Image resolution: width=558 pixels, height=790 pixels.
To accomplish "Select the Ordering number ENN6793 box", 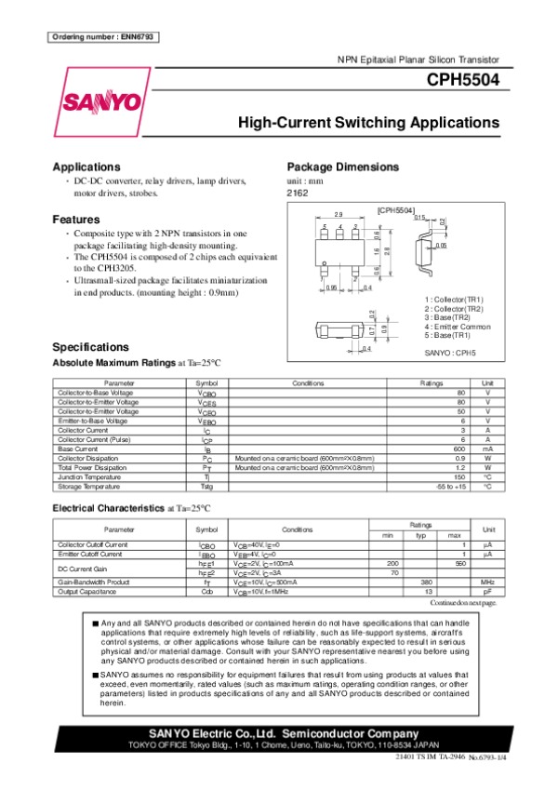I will pyautogui.click(x=101, y=36).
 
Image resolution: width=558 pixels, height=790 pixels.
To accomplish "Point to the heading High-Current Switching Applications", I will pyautogui.click(x=368, y=123).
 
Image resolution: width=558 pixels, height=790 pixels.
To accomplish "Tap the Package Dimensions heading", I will pyautogui.click(x=343, y=167).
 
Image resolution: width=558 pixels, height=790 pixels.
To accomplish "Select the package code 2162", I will pyautogui.click(x=297, y=193).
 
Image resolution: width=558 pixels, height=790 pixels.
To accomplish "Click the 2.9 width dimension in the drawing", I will pyautogui.click(x=339, y=214).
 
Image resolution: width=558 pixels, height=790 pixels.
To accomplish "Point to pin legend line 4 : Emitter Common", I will pyautogui.click(x=454, y=327).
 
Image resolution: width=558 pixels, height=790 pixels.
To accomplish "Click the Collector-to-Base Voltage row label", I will pyautogui.click(x=95, y=393).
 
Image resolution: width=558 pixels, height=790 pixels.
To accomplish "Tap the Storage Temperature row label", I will pyautogui.click(x=88, y=486).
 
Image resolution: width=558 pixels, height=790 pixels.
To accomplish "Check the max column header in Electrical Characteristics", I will pyautogui.click(x=454, y=535).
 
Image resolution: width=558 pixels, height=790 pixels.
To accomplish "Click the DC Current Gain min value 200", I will pyautogui.click(x=392, y=563).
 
